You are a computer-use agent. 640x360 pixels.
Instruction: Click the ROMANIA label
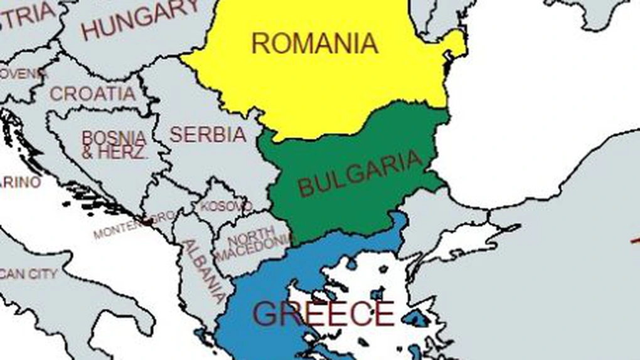[314, 43]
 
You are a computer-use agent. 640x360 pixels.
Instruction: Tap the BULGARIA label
[360, 173]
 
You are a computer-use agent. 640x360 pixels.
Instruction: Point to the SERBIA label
[208, 134]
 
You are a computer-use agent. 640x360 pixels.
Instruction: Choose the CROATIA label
[93, 94]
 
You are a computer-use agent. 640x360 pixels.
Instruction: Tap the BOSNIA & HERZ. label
[114, 145]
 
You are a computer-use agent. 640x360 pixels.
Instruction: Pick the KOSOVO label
[226, 206]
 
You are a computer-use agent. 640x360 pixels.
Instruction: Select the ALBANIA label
[203, 270]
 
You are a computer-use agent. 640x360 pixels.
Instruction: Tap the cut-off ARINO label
[20, 183]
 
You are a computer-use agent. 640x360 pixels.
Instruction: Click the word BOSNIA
[114, 137]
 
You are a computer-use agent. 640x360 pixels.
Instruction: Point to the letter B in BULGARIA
[306, 187]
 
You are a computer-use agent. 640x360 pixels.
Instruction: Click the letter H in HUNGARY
[91, 29]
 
